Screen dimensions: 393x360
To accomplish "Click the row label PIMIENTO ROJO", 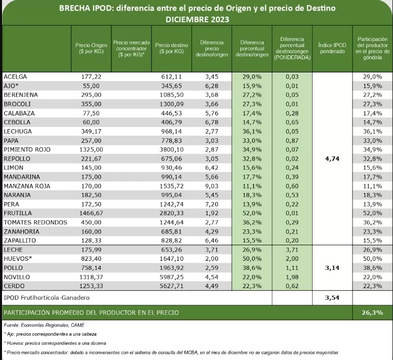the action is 27,150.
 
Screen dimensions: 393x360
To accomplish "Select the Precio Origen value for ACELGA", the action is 91,77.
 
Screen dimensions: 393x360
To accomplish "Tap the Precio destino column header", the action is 171,49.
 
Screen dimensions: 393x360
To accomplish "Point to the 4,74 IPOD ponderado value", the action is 332,159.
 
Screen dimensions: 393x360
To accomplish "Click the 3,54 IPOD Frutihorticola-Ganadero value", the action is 332,298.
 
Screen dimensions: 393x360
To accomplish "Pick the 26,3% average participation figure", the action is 372,312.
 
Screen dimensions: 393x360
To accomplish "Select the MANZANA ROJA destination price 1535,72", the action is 171,186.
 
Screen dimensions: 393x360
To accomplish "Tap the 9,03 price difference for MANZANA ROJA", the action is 212,186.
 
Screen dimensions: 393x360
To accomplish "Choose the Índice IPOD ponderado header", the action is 332,48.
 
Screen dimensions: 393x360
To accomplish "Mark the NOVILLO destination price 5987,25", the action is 171,277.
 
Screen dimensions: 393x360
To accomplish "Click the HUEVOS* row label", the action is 18,259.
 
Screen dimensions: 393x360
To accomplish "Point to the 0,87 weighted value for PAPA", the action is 292,141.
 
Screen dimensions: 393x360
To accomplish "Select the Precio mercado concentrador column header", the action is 132,49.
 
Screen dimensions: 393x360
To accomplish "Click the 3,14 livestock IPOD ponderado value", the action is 332,268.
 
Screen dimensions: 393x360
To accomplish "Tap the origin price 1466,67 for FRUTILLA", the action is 91,213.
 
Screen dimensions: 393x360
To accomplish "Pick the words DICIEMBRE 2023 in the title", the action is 197,20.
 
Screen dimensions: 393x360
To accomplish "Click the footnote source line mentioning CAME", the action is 44,325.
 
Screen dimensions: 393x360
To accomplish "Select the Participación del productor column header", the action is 372,48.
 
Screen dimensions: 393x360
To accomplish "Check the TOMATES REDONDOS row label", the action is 35,222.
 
